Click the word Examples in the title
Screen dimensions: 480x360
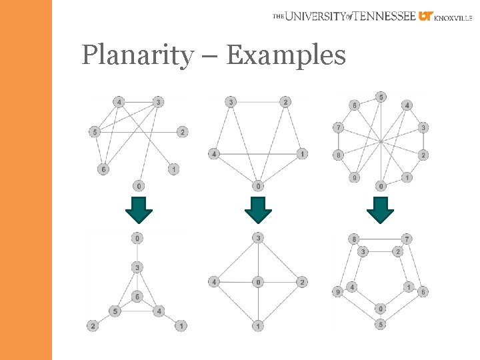(x=286, y=55)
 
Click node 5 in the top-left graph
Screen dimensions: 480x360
(x=95, y=132)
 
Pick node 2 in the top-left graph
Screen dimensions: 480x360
(x=182, y=132)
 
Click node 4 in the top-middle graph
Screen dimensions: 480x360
(x=214, y=154)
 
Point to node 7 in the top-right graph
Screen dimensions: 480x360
(x=339, y=127)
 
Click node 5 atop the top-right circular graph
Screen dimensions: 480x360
(x=380, y=97)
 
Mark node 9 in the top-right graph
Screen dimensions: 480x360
(x=354, y=177)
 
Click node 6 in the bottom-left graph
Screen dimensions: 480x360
(x=137, y=296)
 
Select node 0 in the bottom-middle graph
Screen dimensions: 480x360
(x=258, y=282)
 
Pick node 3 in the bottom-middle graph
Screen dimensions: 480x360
(x=258, y=238)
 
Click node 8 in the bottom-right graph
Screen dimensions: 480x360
(x=354, y=239)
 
